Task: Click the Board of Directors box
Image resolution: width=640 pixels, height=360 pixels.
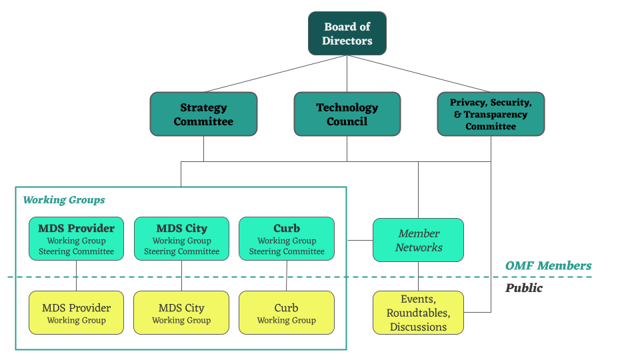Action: click(347, 33)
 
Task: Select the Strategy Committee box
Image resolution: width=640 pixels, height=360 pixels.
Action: click(203, 114)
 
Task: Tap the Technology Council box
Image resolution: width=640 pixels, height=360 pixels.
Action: click(347, 114)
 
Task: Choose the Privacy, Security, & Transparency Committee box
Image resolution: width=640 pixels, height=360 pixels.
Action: click(491, 114)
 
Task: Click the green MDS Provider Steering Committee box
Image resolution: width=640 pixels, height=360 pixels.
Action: click(76, 238)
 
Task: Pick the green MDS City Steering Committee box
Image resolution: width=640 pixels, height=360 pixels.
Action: click(181, 238)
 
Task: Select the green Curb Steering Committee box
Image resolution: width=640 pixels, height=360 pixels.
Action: click(287, 238)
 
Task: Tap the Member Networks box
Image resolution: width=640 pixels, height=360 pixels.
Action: click(418, 240)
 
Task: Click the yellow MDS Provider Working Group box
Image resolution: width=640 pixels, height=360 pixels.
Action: click(76, 313)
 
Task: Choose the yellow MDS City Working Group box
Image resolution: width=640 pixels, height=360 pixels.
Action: click(181, 313)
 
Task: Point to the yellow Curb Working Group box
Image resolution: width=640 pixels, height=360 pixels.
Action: click(287, 313)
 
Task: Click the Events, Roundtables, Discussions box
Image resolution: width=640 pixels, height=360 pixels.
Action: click(418, 313)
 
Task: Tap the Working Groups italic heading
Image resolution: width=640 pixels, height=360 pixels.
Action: click(64, 200)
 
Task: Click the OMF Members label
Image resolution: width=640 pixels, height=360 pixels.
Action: click(548, 266)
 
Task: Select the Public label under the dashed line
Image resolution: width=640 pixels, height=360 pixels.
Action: click(524, 288)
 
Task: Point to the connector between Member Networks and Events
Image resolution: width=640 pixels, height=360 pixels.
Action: click(418, 276)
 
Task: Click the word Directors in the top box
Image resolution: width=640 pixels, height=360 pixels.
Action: click(347, 41)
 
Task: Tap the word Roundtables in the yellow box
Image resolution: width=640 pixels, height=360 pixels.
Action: click(418, 313)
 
